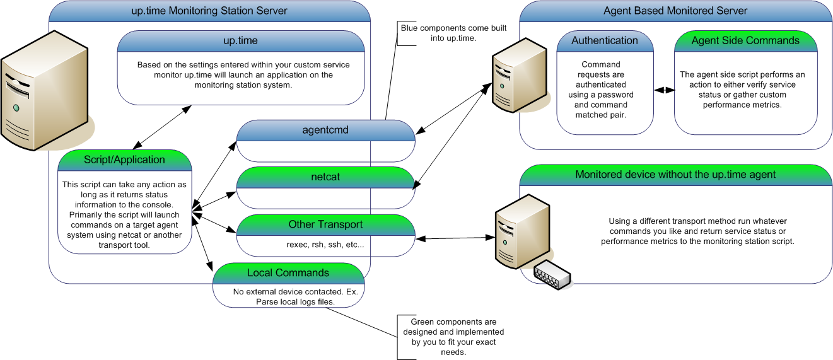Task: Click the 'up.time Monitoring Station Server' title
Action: pyautogui.click(x=209, y=11)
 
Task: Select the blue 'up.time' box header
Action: pyautogui.click(x=240, y=41)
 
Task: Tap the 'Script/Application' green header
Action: pyautogui.click(x=124, y=160)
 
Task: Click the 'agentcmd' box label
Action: pyautogui.click(x=325, y=130)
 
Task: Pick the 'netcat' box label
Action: pyautogui.click(x=325, y=177)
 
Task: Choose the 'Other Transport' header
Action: pyautogui.click(x=325, y=224)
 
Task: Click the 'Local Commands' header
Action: pyautogui.click(x=288, y=273)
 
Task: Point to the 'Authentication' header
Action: pyautogui.click(x=605, y=40)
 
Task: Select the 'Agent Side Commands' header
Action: pyautogui.click(x=745, y=40)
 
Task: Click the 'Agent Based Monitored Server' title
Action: pyautogui.click(x=675, y=11)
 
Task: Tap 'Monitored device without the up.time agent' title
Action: pyautogui.click(x=675, y=175)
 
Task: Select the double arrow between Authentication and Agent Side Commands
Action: pyautogui.click(x=663, y=90)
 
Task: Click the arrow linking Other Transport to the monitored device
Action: pyautogui.click(x=454, y=238)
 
